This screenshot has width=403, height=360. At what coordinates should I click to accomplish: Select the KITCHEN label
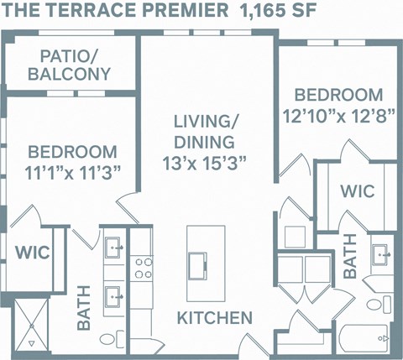click(x=214, y=318)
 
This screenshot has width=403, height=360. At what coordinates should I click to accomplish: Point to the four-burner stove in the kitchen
click(x=143, y=267)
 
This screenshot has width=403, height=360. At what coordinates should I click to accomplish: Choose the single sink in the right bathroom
click(x=382, y=253)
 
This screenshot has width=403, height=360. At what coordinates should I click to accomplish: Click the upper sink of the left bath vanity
click(x=113, y=248)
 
